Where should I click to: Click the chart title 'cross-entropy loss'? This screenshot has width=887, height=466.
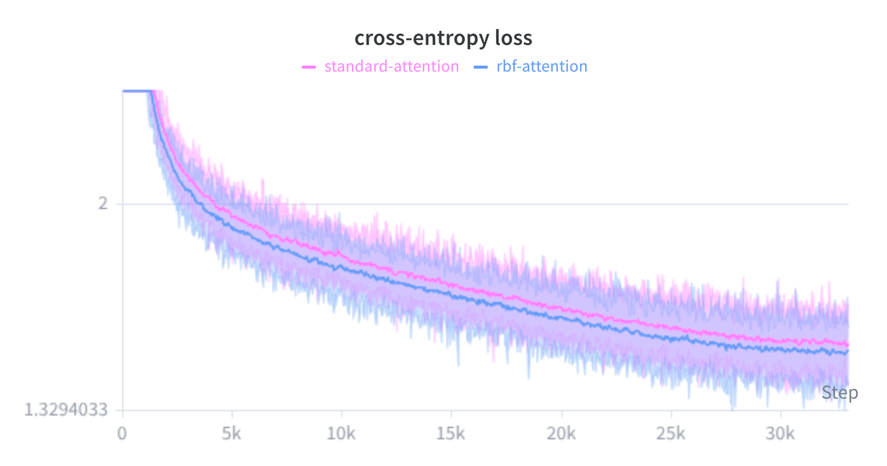coord(443,38)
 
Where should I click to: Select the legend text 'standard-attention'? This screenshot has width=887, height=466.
coord(392,67)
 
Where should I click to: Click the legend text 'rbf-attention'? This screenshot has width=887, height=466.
coord(541,67)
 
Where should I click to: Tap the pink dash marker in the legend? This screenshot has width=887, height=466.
coord(309,67)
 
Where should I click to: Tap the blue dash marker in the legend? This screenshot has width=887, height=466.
coord(482,67)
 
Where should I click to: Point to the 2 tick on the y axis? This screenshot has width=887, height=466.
coord(103,204)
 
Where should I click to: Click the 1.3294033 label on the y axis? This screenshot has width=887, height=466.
coord(67,410)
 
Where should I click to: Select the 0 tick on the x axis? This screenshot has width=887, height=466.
coord(122,435)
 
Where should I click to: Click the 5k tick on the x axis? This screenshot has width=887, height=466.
coord(231,435)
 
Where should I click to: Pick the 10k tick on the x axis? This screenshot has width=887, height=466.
coord(341,435)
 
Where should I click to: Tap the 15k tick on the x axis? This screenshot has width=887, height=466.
coord(451,435)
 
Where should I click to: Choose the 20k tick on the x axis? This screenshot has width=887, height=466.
coord(561,435)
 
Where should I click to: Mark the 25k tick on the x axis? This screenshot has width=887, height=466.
coord(671,435)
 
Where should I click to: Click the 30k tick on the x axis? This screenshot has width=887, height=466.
coord(780,435)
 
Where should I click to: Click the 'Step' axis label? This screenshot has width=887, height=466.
coord(839,393)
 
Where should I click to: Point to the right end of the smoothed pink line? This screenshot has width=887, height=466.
coord(847,345)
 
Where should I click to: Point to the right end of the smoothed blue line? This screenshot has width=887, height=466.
coord(847,352)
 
